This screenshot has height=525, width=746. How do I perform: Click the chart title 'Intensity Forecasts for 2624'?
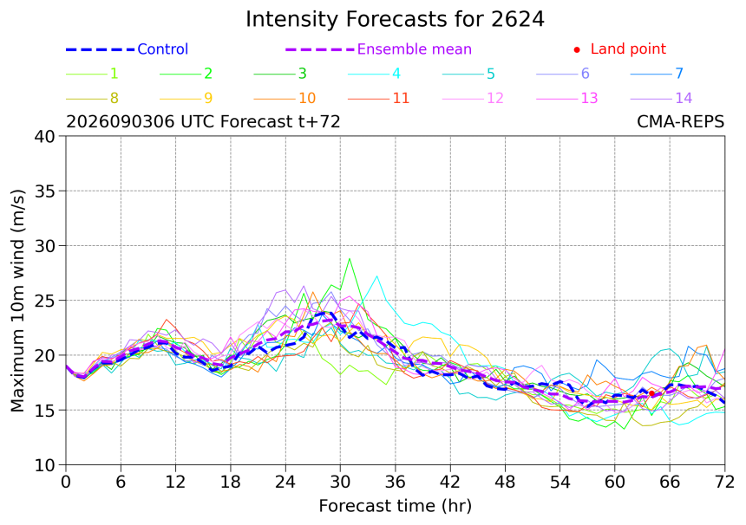tap(395, 20)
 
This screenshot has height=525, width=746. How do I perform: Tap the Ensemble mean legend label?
tap(415, 49)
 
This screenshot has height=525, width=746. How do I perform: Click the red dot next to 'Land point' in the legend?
tap(577, 49)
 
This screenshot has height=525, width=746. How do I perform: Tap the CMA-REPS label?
tap(680, 122)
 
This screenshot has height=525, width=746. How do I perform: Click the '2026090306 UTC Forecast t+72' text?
tap(203, 122)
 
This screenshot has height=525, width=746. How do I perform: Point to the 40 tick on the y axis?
tap(45, 136)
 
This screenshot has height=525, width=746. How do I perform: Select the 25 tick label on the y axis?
tap(45, 301)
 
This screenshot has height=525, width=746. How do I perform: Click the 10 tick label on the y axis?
tap(45, 465)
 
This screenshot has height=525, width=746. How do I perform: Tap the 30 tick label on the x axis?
tap(340, 483)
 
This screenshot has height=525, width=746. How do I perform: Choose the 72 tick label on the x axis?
tap(724, 483)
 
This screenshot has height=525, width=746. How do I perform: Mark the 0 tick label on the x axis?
tap(66, 483)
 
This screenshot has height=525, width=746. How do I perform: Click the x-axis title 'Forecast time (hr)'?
tap(395, 506)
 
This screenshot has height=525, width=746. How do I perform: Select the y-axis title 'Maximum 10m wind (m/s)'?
tap(17, 301)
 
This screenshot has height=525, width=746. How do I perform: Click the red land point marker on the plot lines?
tap(651, 393)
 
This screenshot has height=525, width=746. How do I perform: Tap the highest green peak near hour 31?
tap(350, 259)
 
